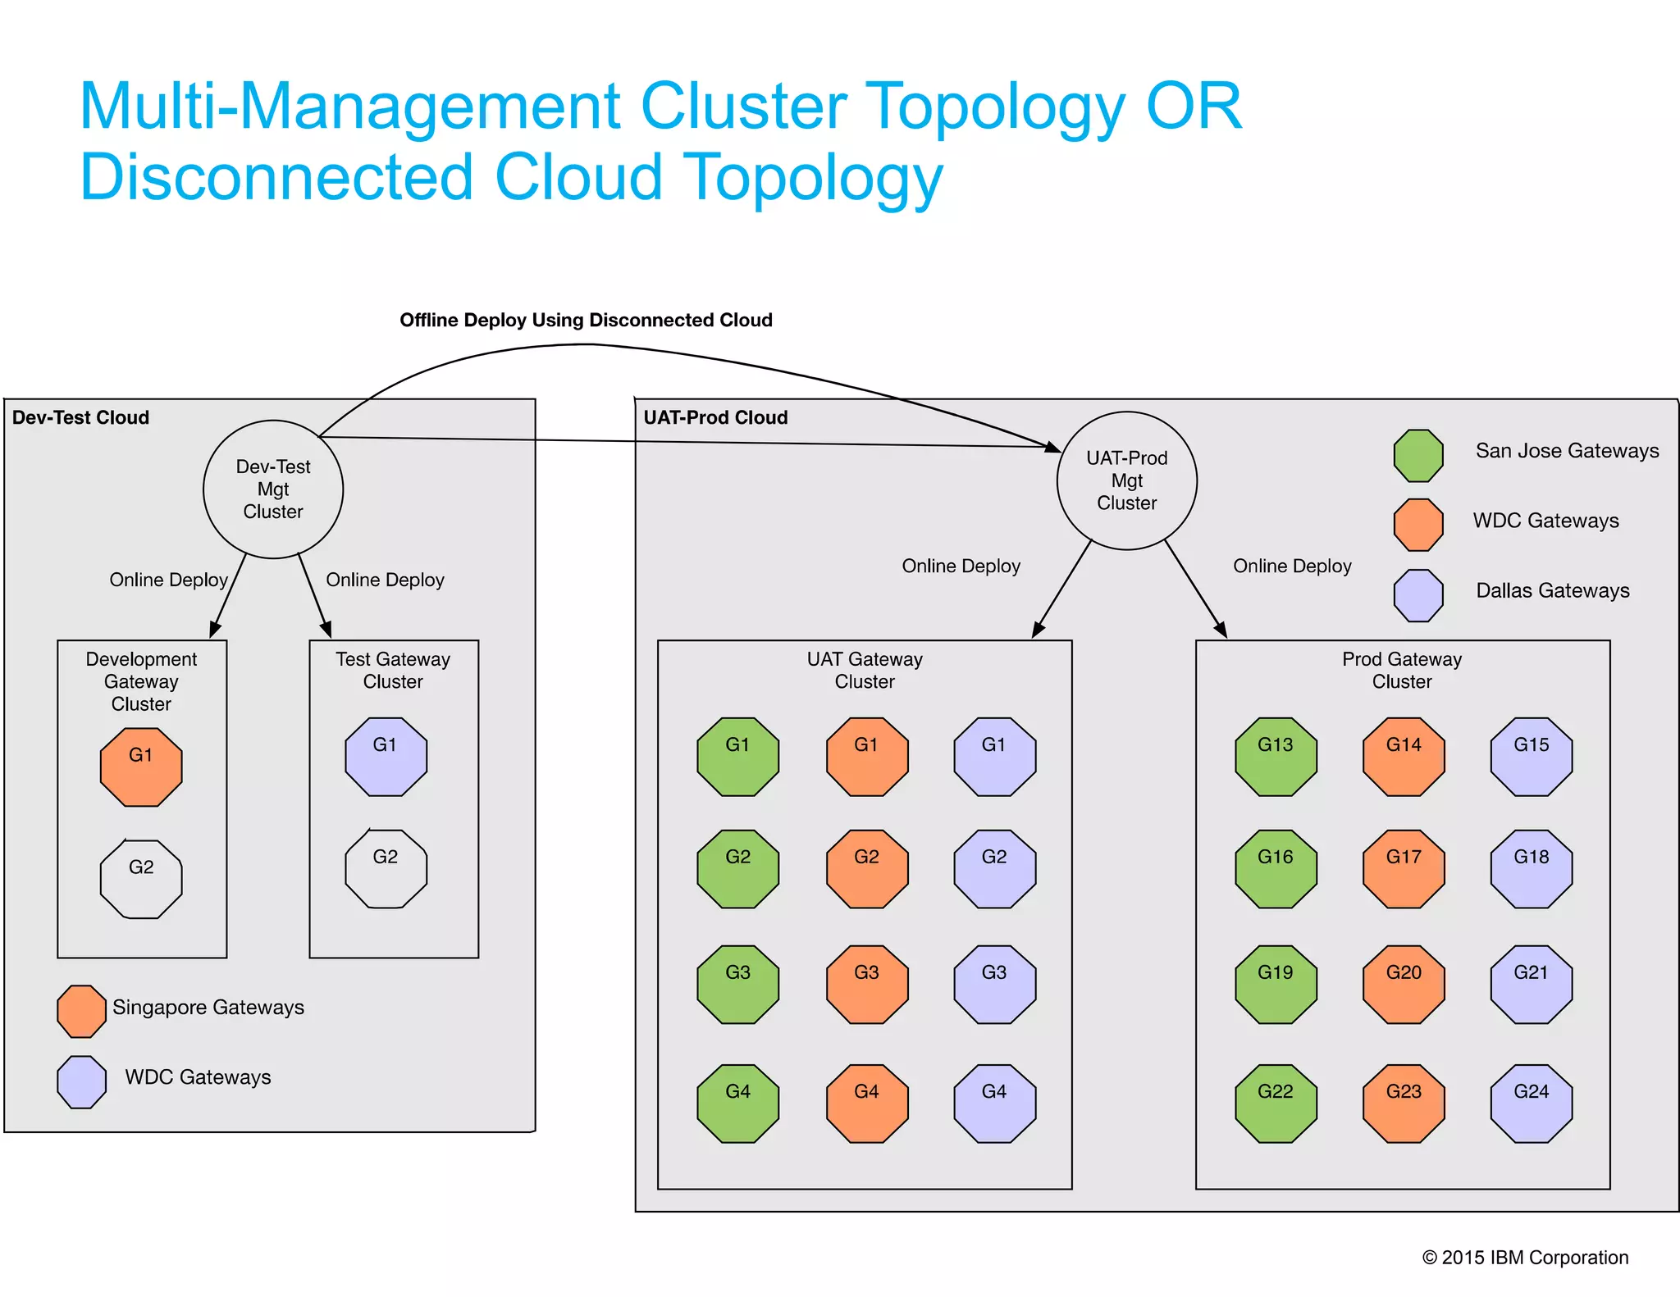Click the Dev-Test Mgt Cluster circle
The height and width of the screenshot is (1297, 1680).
pyautogui.click(x=273, y=489)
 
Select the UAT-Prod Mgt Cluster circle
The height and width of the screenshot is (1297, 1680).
pyautogui.click(x=1126, y=480)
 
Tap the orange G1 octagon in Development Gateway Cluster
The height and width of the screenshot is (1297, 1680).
pyautogui.click(x=141, y=766)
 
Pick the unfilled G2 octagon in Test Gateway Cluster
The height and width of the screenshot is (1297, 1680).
pyautogui.click(x=386, y=868)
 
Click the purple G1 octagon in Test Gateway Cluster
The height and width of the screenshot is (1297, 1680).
pyautogui.click(x=386, y=756)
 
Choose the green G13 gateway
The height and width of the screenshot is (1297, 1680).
pyautogui.click(x=1276, y=756)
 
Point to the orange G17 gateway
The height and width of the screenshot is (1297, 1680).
pyautogui.click(x=1404, y=868)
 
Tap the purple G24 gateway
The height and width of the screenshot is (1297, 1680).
pyautogui.click(x=1531, y=1103)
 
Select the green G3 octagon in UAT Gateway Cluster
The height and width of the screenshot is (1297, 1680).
pyautogui.click(x=737, y=984)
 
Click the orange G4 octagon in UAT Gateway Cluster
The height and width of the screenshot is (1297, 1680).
pyautogui.click(x=866, y=1103)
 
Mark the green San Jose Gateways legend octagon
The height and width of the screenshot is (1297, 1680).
pyautogui.click(x=1418, y=456)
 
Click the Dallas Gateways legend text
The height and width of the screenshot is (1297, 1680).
pyautogui.click(x=1552, y=590)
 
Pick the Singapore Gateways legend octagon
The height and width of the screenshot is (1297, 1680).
pyautogui.click(x=81, y=1011)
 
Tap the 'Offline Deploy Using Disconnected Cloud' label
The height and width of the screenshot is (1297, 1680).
pyautogui.click(x=586, y=320)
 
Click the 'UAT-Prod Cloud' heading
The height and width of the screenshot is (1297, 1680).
pyautogui.click(x=715, y=417)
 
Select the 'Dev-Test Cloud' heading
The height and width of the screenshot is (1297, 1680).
pyautogui.click(x=80, y=417)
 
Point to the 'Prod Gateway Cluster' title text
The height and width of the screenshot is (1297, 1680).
pyautogui.click(x=1402, y=670)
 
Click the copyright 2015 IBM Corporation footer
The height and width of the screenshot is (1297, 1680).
pyautogui.click(x=1525, y=1257)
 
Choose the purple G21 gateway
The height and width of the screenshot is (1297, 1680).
pyautogui.click(x=1531, y=984)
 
